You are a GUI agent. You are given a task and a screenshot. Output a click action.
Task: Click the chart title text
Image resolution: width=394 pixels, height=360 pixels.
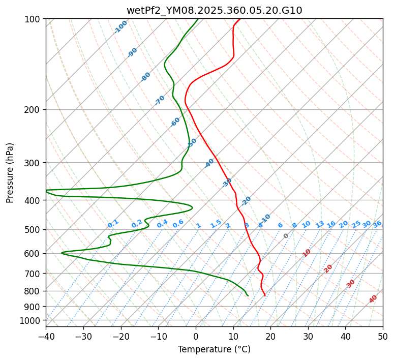(x=214, y=10)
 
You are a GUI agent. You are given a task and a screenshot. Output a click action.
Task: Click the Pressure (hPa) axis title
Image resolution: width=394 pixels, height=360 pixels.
(x=10, y=173)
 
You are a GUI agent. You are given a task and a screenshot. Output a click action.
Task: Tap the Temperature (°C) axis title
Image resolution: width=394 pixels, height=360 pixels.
(x=214, y=350)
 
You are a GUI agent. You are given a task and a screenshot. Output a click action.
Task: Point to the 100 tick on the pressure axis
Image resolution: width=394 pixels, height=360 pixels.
(x=33, y=19)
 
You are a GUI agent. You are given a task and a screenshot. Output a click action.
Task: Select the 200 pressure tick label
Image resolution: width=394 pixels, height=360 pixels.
(x=33, y=110)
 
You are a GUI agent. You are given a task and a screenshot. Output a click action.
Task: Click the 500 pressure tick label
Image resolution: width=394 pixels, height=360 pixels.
(x=33, y=230)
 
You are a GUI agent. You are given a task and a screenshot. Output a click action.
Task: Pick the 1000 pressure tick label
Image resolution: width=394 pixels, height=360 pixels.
(x=31, y=321)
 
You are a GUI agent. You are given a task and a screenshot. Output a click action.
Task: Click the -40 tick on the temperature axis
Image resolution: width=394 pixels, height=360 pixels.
(x=46, y=337)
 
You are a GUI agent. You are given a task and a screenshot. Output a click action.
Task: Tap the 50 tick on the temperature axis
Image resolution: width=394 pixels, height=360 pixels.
(x=383, y=337)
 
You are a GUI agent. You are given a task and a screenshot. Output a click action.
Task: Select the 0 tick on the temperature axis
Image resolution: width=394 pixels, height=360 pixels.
(x=196, y=337)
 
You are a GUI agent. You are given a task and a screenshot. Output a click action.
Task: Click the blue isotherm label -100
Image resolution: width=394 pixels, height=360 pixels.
(x=120, y=27)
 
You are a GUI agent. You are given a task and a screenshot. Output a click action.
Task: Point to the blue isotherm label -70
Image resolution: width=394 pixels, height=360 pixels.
(x=160, y=100)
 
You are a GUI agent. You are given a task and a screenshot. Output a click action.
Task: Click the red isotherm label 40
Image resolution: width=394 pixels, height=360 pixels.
(x=373, y=299)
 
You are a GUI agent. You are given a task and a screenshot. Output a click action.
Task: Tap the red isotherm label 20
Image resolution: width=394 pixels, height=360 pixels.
(x=328, y=268)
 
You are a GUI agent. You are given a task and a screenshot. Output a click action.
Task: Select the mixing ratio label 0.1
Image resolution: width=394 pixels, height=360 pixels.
(x=113, y=224)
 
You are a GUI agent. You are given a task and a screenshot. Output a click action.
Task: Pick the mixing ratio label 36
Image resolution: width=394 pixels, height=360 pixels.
(x=377, y=224)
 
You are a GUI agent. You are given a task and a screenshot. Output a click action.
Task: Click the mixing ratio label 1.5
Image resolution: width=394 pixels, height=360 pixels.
(x=216, y=224)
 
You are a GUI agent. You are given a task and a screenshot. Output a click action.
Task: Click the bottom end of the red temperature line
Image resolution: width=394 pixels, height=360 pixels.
(x=265, y=296)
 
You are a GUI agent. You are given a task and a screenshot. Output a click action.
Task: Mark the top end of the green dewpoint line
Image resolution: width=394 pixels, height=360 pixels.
(x=198, y=19)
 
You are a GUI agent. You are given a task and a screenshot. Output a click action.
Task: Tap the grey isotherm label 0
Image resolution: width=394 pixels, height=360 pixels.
(x=286, y=236)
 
